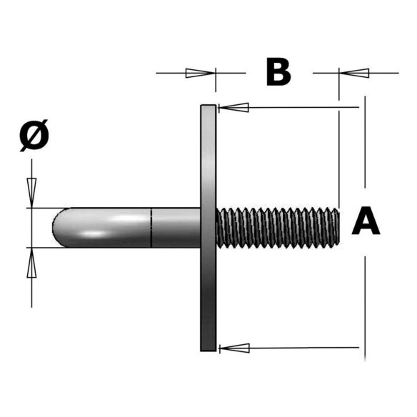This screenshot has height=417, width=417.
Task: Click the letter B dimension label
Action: pos(278,72)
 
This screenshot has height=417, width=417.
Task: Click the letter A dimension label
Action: pos(366,221)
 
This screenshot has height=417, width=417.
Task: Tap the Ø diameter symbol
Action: pos(34,136)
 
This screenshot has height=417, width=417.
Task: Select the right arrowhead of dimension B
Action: pos(354,73)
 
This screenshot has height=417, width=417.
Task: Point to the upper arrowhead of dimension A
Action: pos(233,107)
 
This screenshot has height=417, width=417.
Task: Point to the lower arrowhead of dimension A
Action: pos(234,348)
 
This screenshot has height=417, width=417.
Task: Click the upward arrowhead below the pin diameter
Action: pos(31,263)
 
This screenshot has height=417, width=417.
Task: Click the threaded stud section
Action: pos(278,228)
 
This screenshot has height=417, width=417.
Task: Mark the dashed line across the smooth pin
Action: pos(151,228)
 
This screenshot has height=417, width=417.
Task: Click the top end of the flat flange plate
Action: pos(208,106)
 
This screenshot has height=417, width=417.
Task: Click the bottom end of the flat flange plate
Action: pos(208,350)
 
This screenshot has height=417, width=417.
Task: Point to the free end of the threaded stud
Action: pos(338,228)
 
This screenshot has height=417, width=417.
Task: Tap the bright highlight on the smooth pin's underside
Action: pos(94,234)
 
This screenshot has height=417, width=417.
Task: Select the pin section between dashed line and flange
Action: pos(176,228)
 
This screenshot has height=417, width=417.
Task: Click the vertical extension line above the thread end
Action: pos(339,159)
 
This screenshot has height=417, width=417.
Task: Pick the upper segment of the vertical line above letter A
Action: pos(365,142)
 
